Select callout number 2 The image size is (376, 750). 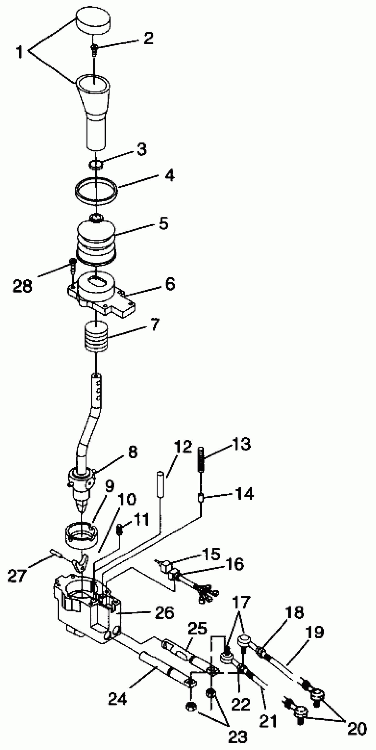(148, 38)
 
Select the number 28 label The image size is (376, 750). (22, 285)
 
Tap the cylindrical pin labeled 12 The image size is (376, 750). (160, 487)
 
